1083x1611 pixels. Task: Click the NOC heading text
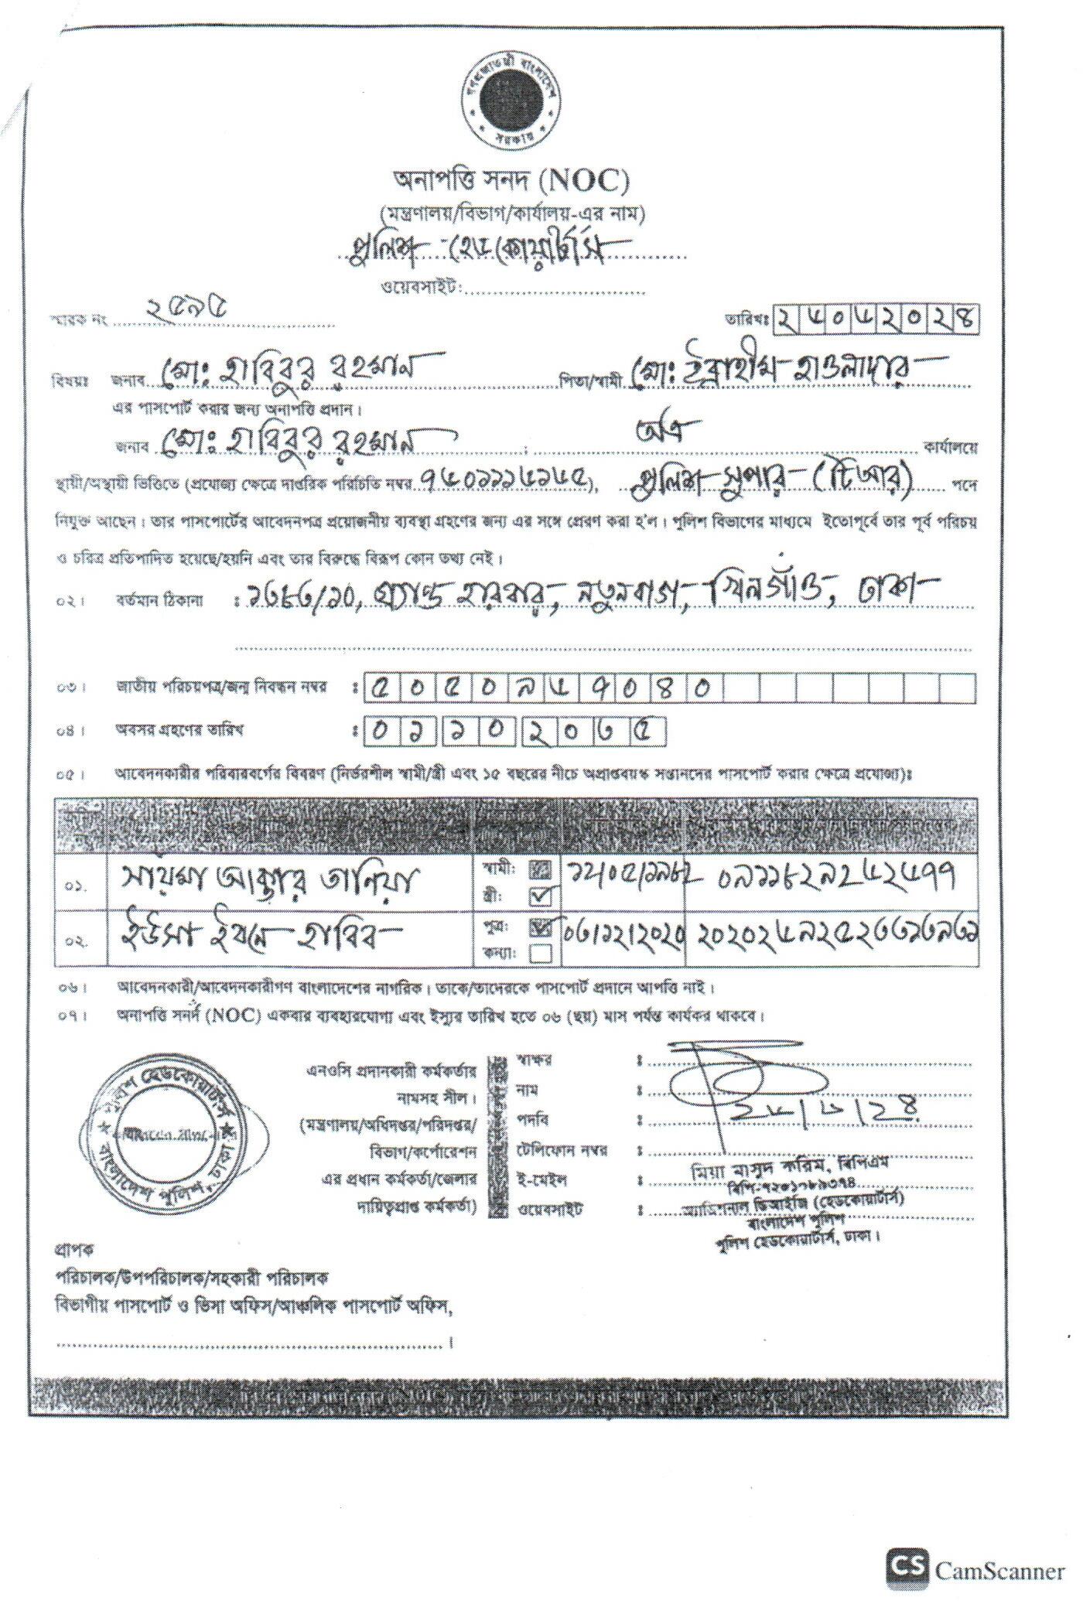click(x=511, y=182)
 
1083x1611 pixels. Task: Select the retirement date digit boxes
click(x=514, y=731)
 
